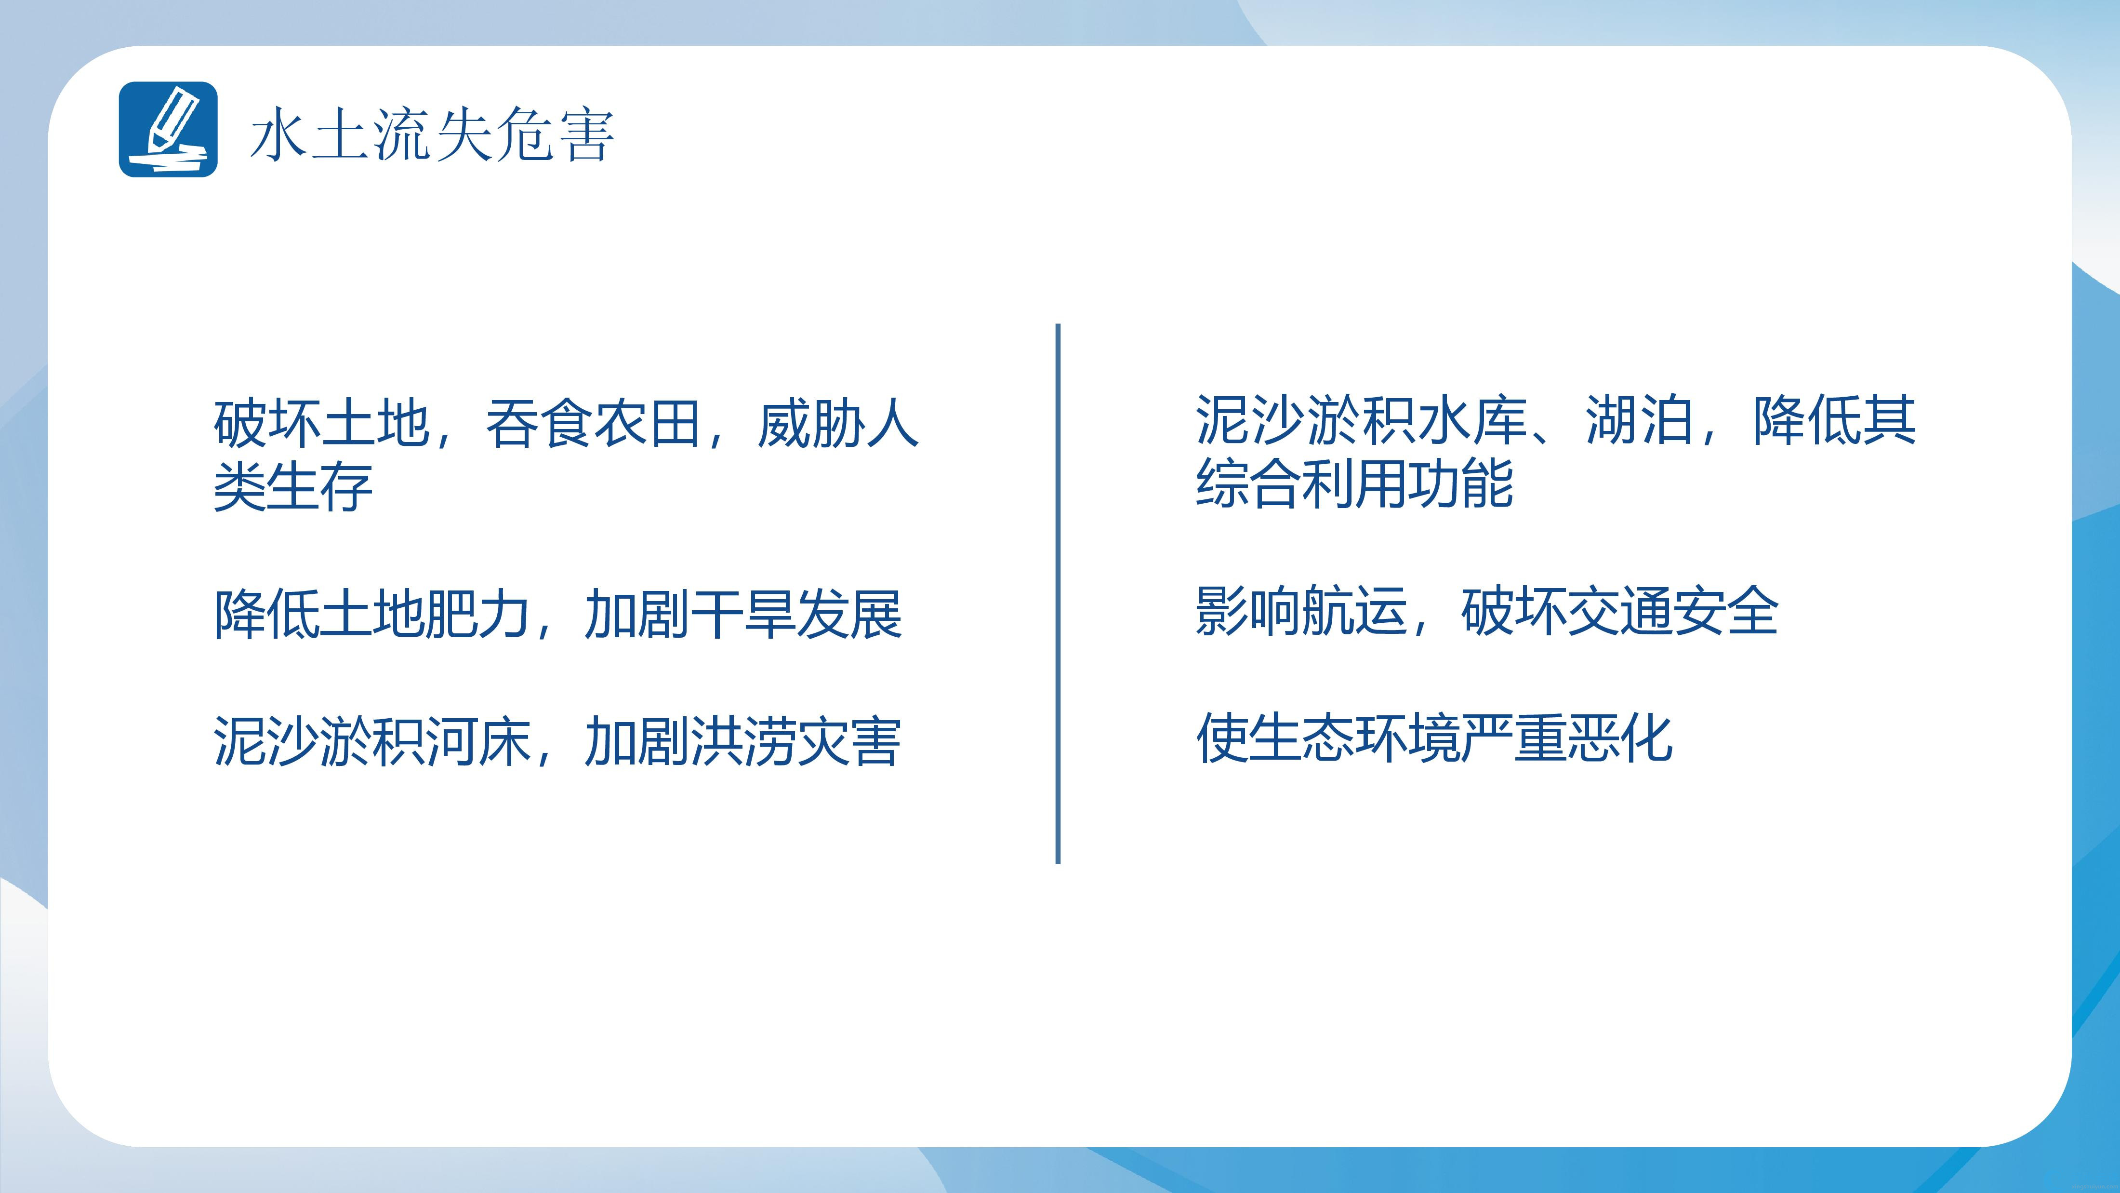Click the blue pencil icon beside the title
coord(169,129)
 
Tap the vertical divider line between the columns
coord(1058,594)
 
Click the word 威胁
coord(810,424)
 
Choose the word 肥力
coord(476,614)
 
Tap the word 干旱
coord(742,614)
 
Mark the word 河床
coord(476,741)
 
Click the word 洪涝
coord(742,741)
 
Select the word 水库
coord(1473,420)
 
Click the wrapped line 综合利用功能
coord(1354,483)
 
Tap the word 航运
coord(1354,611)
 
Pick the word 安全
coord(1727,611)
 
